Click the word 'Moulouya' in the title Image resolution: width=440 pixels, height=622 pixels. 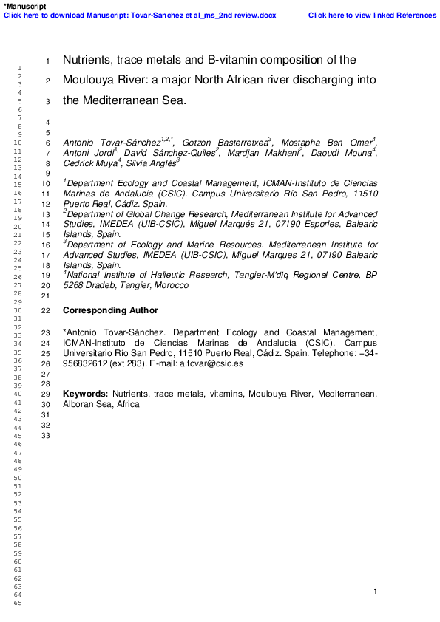pyautogui.click(x=91, y=80)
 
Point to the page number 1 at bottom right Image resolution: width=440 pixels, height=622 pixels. pyautogui.click(x=376, y=592)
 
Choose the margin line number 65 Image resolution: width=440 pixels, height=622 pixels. pyautogui.click(x=8, y=604)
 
